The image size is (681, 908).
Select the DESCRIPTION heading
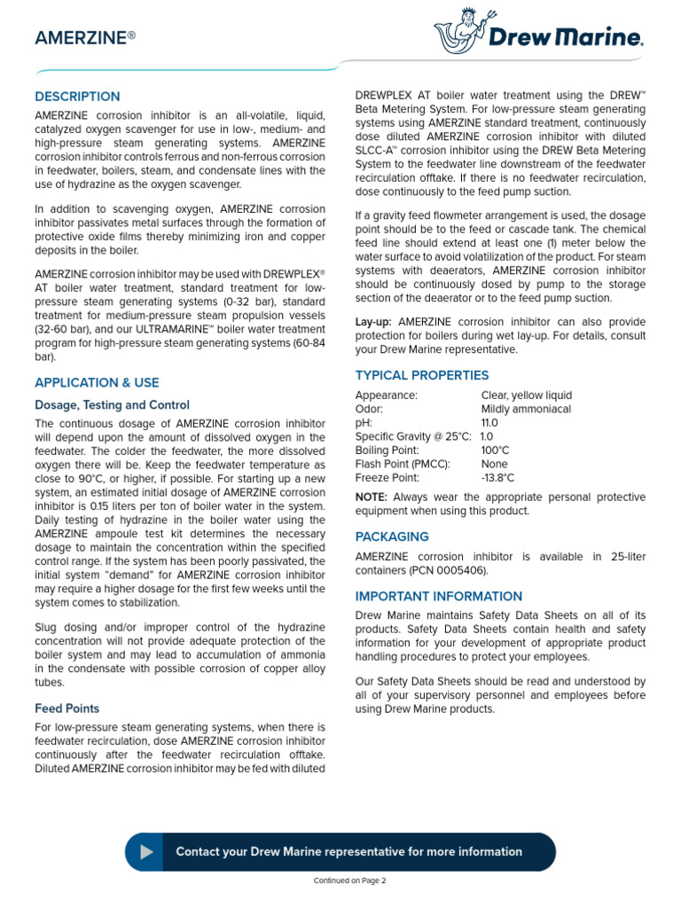77,97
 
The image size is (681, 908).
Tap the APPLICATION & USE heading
97,383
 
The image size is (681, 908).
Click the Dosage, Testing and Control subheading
112,405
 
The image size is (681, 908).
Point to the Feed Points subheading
67,708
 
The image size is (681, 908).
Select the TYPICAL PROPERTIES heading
421,375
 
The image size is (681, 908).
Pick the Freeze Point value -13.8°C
497,478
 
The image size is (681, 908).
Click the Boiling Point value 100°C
495,450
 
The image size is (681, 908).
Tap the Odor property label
369,409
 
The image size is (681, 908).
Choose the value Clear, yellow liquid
526,395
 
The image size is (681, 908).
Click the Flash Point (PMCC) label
403,464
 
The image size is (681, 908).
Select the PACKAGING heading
392,536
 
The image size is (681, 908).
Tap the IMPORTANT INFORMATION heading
438,597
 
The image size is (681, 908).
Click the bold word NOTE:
372,497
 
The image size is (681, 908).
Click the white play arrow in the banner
146,852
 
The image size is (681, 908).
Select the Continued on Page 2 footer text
350,881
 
